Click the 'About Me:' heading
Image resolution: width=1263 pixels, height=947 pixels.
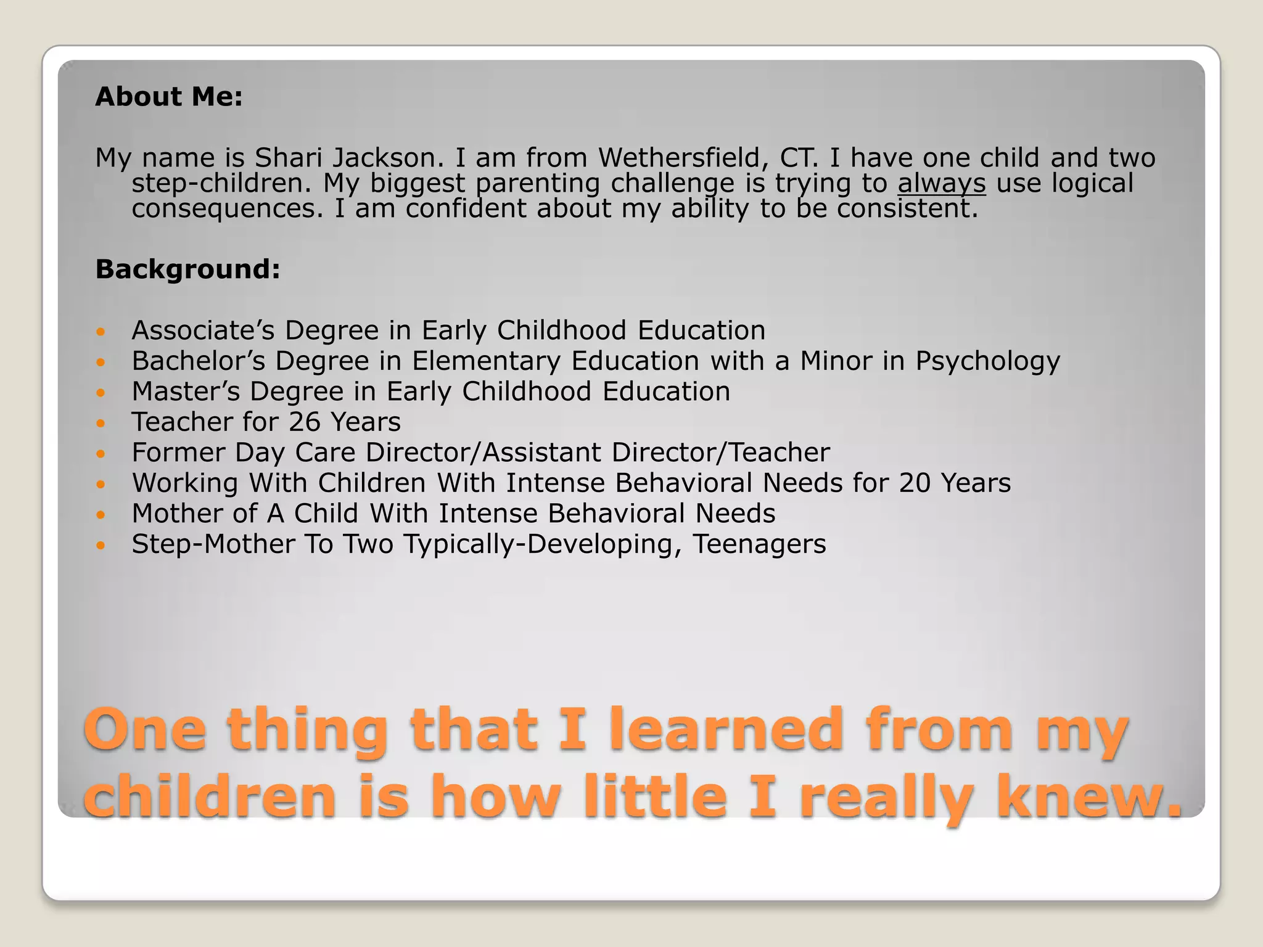coord(169,97)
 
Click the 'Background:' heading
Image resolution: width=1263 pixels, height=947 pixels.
coord(187,269)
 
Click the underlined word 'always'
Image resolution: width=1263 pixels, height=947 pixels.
coord(941,184)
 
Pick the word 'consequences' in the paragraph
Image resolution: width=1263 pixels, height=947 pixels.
coord(228,209)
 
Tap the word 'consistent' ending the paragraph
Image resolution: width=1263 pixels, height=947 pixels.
coord(907,209)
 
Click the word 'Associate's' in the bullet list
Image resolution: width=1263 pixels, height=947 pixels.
coord(203,330)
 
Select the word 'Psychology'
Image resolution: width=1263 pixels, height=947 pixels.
coord(987,361)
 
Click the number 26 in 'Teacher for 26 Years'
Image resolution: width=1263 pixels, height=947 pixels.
coord(304,422)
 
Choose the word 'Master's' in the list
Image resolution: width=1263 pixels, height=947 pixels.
coord(186,392)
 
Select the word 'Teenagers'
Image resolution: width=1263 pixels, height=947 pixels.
coord(759,544)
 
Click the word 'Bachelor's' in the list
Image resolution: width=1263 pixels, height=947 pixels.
coord(198,361)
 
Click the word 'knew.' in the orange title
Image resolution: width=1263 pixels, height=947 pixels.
coord(1089,797)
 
